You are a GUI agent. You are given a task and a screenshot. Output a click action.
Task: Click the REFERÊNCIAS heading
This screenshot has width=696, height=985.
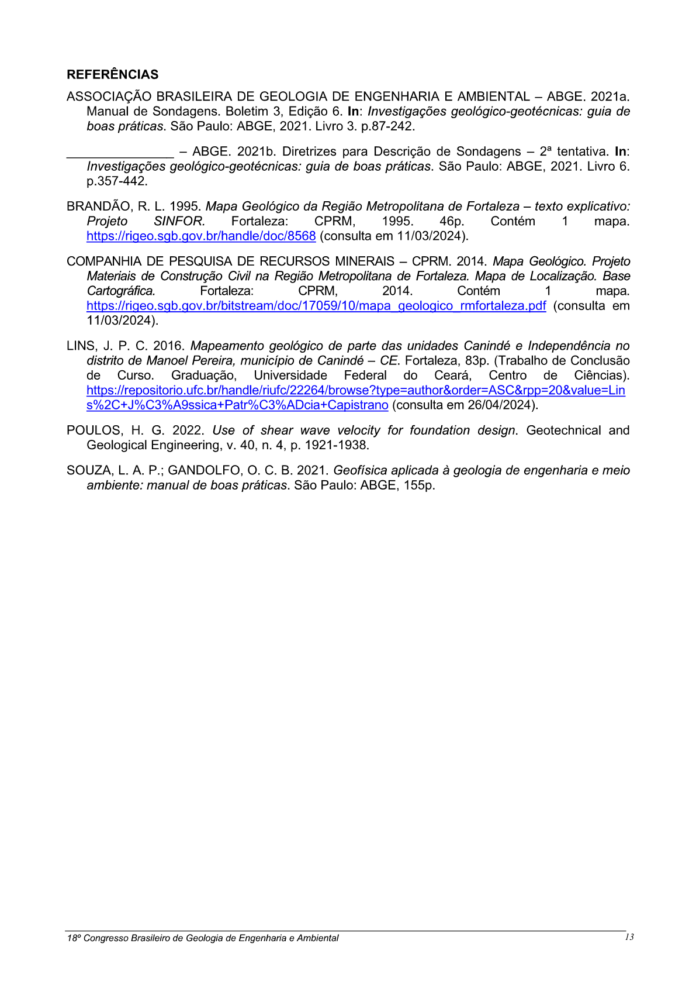click(x=112, y=75)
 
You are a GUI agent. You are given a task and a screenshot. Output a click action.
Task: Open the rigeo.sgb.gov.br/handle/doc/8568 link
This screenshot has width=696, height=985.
click(x=201, y=236)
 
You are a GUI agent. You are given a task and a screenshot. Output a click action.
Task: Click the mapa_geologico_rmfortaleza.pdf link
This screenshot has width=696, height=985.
click(x=316, y=306)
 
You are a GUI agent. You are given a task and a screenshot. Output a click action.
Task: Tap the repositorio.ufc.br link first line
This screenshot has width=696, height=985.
click(x=355, y=391)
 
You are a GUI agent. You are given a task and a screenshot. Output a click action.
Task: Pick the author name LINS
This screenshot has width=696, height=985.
click(x=81, y=346)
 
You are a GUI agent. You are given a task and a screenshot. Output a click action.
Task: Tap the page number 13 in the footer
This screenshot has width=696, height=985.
click(x=629, y=937)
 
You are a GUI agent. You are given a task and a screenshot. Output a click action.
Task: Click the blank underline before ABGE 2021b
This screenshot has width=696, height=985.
click(x=120, y=156)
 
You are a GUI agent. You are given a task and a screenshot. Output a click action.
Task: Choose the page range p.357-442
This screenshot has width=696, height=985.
click(x=117, y=181)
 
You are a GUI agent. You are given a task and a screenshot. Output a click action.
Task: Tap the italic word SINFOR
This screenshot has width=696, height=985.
click(x=179, y=222)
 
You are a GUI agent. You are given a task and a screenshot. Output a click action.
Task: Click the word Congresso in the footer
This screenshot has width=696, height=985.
click(x=106, y=938)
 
